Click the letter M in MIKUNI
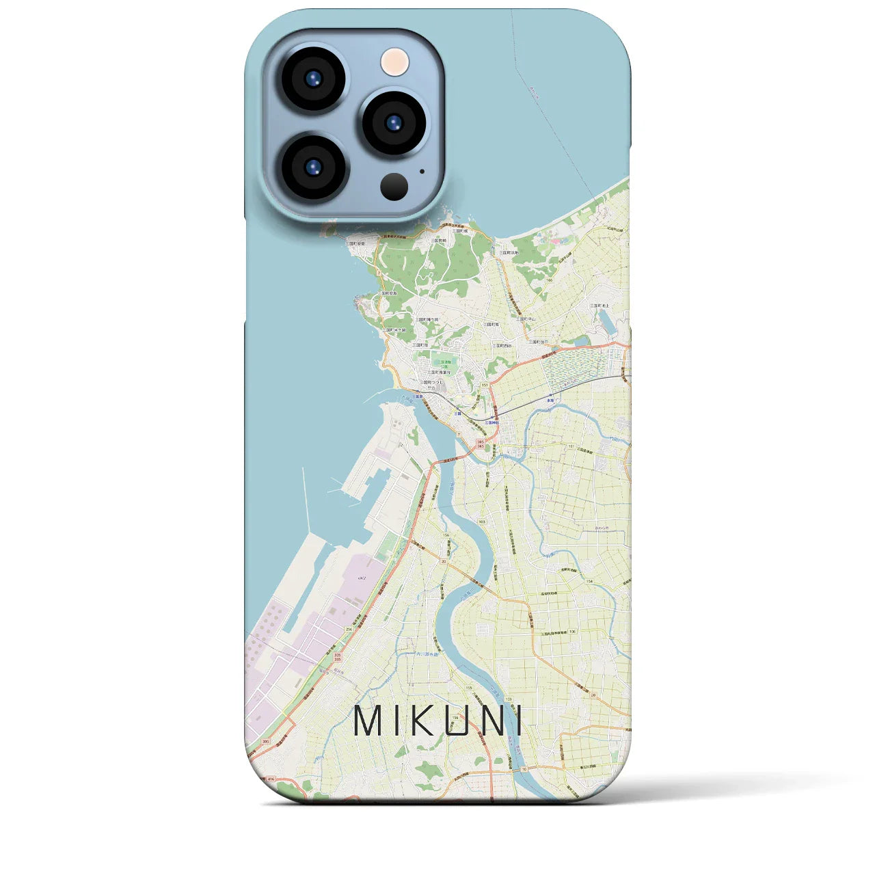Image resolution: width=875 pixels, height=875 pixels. coord(369,721)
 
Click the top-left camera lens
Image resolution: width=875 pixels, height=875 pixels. coord(312,79)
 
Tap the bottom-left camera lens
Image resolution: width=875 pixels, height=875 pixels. coord(312,166)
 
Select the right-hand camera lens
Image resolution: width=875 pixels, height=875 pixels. coord(393,123)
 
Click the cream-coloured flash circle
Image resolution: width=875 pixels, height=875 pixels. coord(394,62)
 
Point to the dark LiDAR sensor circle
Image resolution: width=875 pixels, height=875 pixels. coord(394,186)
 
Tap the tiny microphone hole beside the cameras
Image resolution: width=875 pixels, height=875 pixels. coord(422,172)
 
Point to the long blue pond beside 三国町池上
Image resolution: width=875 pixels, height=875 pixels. coord(606,321)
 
